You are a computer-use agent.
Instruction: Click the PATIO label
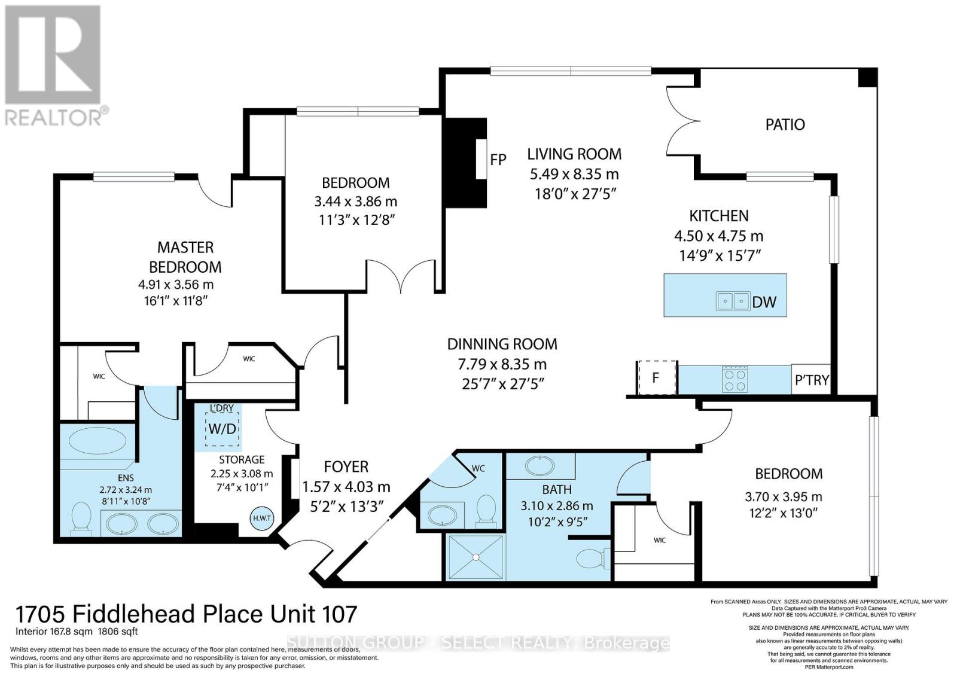785,124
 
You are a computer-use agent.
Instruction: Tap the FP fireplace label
498,159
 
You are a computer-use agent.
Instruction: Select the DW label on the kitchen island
764,302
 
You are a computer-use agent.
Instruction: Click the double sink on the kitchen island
733,301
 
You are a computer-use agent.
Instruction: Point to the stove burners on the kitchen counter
735,379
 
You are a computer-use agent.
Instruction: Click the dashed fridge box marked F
656,378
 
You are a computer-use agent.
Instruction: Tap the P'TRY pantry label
811,379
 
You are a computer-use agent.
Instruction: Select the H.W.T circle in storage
262,519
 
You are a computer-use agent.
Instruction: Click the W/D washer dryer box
223,429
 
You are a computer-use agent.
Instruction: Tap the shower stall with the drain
476,557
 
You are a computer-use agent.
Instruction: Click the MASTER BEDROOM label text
185,257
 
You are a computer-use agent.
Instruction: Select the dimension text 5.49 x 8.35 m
574,174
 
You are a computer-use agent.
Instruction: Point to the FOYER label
346,466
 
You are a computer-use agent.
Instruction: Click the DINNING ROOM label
502,344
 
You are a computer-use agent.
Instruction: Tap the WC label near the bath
478,468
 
